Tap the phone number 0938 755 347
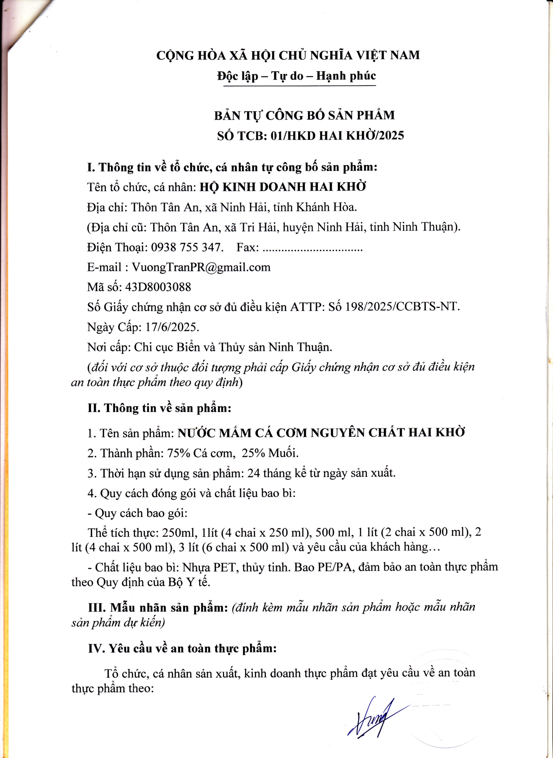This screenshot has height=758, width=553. click(x=186, y=247)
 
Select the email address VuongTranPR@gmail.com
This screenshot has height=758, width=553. click(x=201, y=267)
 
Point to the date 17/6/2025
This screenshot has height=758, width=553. click(x=172, y=327)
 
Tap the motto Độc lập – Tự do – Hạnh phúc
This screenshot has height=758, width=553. click(x=296, y=76)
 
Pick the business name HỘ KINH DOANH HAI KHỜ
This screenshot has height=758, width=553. click(x=283, y=187)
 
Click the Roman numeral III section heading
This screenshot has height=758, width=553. click(x=157, y=607)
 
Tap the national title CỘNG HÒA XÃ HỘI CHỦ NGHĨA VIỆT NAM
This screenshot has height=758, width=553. click(x=288, y=55)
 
